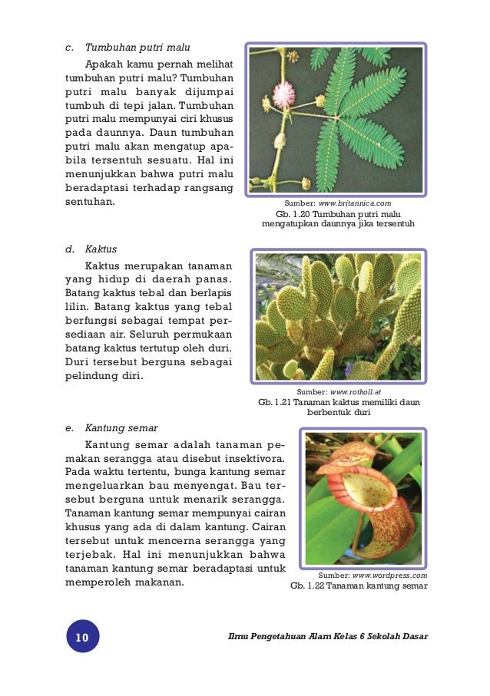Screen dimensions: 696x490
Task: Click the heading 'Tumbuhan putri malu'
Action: (137, 46)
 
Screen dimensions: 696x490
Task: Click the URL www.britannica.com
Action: (355, 203)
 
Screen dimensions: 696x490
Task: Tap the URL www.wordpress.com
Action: (389, 574)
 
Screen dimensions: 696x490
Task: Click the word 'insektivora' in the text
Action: (249, 459)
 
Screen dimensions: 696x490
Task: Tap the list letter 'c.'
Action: (68, 46)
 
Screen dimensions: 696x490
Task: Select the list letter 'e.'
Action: (68, 428)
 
